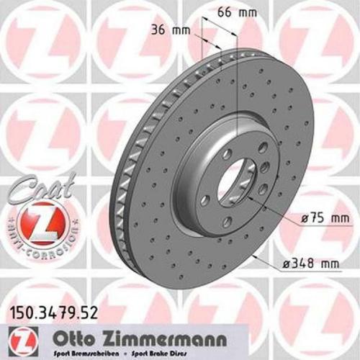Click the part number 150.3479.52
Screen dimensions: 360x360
pyautogui.click(x=52, y=312)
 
